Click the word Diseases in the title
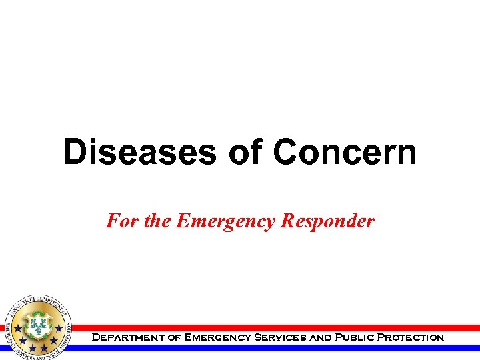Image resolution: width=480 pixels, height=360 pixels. pyautogui.click(x=139, y=152)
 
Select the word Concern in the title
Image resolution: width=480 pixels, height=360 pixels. pyautogui.click(x=344, y=152)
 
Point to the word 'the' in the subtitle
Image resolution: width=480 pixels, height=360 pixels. pyautogui.click(x=157, y=221)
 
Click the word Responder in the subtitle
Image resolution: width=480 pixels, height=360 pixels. pyautogui.click(x=327, y=221)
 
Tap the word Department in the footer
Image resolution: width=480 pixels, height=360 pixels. pyautogui.click(x=126, y=337)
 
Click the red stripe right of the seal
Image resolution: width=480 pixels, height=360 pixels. pyautogui.click(x=267, y=328)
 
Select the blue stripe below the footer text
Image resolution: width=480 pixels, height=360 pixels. pyautogui.click(x=267, y=347)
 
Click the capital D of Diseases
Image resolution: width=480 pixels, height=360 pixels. pyautogui.click(x=75, y=152)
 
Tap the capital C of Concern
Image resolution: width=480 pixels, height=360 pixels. pyautogui.click(x=285, y=152)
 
